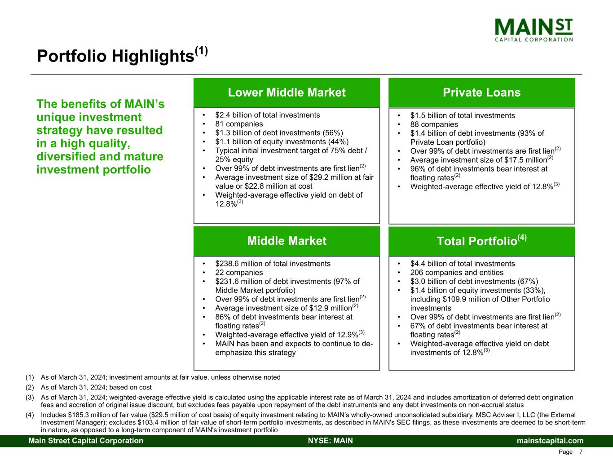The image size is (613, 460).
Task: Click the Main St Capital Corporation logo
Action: [x=534, y=30]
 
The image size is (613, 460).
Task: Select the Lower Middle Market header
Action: [x=287, y=93]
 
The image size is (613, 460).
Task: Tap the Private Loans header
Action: [x=481, y=93]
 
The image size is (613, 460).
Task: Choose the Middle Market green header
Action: [x=287, y=241]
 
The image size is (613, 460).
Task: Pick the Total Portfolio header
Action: [x=481, y=240]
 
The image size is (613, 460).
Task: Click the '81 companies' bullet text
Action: [x=239, y=124]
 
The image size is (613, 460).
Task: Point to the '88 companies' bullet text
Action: [x=434, y=124]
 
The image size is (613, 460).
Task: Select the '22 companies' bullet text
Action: [x=239, y=272]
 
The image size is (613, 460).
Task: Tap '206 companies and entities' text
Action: [x=457, y=272]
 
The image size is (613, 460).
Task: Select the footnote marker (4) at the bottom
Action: [x=30, y=415]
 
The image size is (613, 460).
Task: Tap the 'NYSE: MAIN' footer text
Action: [x=330, y=440]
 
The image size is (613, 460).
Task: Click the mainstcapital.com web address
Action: [x=550, y=440]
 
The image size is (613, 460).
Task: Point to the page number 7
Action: [x=581, y=452]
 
